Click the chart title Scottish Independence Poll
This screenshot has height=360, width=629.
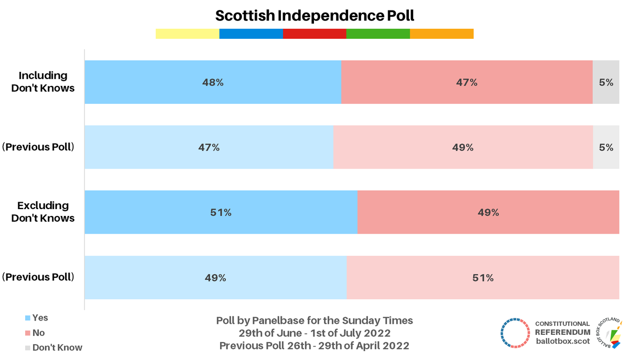pyautogui.click(x=314, y=16)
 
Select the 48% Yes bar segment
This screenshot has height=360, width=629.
pyautogui.click(x=213, y=82)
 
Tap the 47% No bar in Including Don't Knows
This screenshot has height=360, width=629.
pyautogui.click(x=467, y=82)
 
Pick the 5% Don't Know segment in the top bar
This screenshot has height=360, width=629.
pyautogui.click(x=606, y=82)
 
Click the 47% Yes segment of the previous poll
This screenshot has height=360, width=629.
pyautogui.click(x=209, y=147)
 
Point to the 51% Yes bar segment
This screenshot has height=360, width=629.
pyautogui.click(x=221, y=213)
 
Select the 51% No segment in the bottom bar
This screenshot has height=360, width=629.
pyautogui.click(x=482, y=278)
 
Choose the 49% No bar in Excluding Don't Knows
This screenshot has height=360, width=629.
pyautogui.click(x=488, y=213)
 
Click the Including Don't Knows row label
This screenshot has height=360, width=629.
pyautogui.click(x=43, y=82)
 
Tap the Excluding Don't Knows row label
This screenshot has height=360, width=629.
pyautogui.click(x=43, y=212)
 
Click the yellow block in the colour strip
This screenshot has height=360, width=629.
pyautogui.click(x=187, y=34)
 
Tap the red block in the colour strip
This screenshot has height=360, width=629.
pyautogui.click(x=314, y=34)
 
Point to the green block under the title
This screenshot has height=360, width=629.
pyautogui.click(x=378, y=34)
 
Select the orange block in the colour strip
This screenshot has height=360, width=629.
pyautogui.click(x=441, y=34)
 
